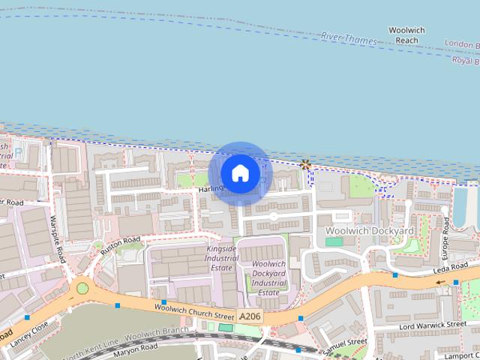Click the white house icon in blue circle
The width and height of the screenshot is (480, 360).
(240, 173)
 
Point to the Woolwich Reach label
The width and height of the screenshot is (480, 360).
(406, 34)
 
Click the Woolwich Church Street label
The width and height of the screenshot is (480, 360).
(194, 312)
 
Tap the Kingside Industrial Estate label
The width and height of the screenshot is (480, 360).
(223, 257)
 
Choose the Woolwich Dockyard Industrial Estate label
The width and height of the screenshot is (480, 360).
(268, 277)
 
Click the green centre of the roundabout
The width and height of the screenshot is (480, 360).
(82, 288)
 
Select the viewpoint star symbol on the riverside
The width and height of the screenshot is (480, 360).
(305, 164)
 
